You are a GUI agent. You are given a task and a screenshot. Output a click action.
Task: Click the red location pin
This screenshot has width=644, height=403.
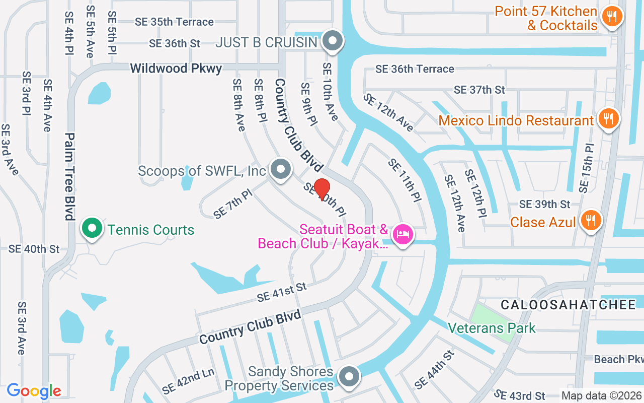[322, 189]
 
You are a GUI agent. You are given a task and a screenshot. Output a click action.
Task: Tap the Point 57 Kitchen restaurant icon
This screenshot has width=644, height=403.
[612, 17]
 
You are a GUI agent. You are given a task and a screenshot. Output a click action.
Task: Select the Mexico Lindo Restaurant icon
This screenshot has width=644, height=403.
[609, 119]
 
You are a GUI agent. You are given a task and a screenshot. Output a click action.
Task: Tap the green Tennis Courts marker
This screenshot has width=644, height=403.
[92, 228]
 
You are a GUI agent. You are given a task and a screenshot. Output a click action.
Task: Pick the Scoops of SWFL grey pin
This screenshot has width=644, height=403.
[280, 169]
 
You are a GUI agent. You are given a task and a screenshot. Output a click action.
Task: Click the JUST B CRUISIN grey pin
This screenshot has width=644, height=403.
[332, 41]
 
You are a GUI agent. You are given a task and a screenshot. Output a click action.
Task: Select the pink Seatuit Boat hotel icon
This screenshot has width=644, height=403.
[403, 234]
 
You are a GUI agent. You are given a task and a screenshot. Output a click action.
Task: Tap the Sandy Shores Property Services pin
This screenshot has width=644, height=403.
[349, 377]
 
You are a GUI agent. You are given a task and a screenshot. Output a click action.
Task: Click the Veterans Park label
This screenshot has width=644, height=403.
[492, 328]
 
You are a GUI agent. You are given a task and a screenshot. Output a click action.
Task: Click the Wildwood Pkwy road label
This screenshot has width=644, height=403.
[176, 68]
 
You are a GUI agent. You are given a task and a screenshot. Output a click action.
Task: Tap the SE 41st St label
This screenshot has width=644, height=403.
[281, 292]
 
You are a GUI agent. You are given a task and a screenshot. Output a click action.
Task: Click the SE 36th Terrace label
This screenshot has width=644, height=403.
[415, 69]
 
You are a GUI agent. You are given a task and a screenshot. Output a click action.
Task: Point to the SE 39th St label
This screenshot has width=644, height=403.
[544, 204]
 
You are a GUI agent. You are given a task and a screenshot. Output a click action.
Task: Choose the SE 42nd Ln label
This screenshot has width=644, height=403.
[188, 381]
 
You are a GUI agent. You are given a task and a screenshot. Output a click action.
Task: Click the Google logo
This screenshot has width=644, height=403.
[34, 390]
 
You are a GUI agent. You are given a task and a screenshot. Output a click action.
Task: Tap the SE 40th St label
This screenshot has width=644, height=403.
[34, 249]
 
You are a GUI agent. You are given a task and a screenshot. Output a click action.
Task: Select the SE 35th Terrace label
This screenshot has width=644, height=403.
[174, 22]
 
